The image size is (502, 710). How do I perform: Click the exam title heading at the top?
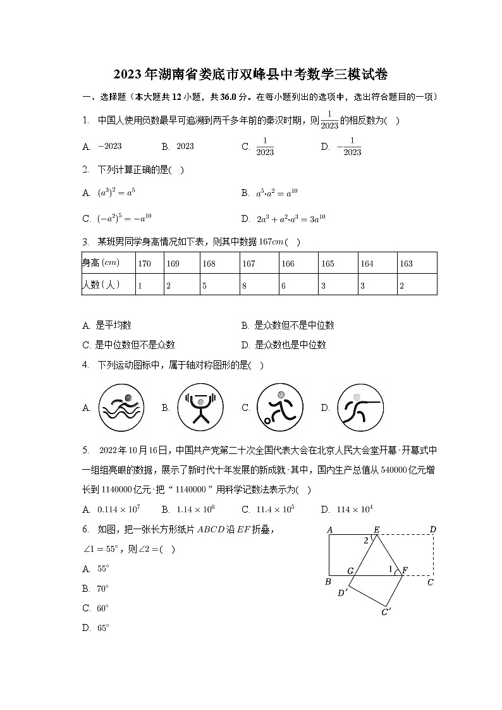251,74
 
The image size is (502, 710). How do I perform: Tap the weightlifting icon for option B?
200,407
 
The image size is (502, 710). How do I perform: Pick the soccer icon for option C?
280,407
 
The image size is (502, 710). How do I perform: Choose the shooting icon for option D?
360,407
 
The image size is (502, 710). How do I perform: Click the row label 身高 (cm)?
101,263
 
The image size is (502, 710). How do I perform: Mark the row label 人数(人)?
101,285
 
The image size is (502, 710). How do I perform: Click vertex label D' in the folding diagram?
342,593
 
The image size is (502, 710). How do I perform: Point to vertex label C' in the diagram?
386,611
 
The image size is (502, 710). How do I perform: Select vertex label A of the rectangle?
329,530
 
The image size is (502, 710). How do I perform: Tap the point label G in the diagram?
350,571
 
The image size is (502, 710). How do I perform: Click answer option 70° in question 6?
103,589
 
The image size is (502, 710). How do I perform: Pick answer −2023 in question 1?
109,146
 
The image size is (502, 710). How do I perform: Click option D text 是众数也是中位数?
290,345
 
